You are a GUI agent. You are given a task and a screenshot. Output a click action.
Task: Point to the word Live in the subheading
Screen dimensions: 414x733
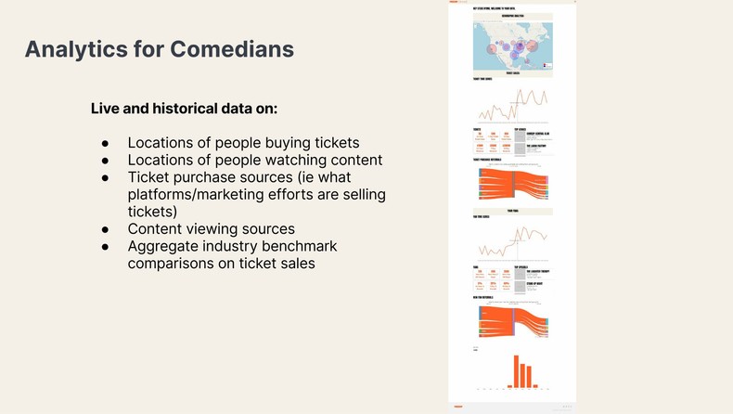point(106,109)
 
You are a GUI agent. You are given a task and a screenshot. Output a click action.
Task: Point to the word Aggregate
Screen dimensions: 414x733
point(164,245)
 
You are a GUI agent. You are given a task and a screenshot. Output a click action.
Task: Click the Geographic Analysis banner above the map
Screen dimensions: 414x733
point(512,15)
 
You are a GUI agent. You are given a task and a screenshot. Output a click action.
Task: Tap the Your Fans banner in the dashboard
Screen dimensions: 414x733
point(512,211)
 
